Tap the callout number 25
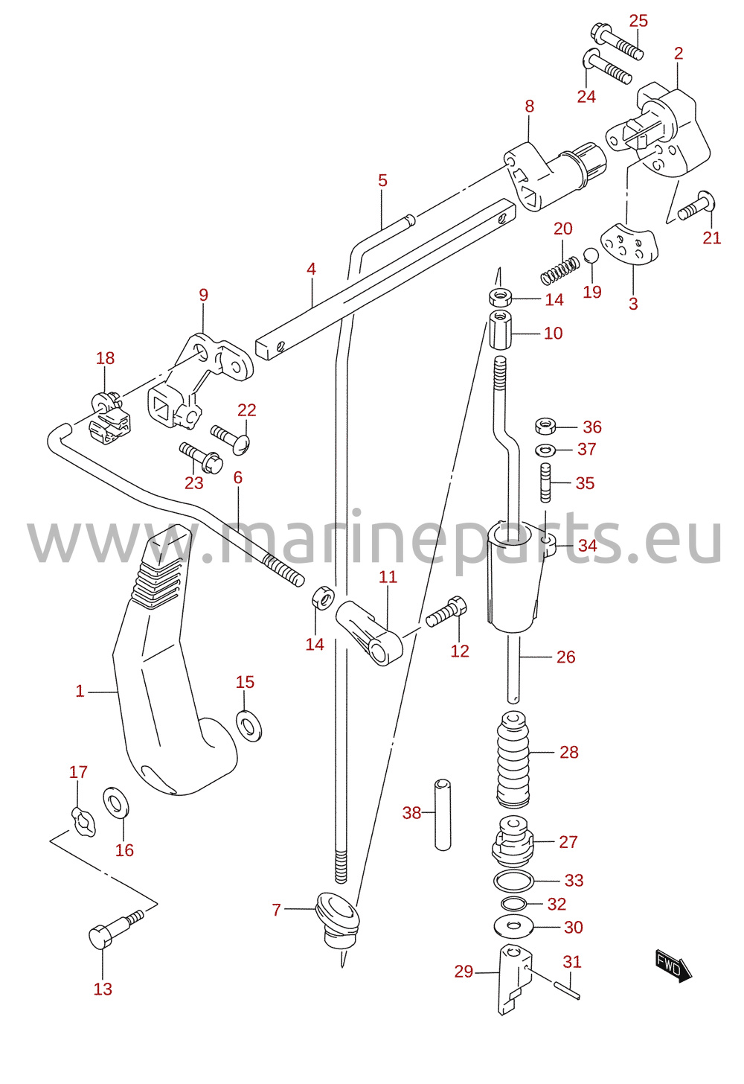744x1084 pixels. point(638,21)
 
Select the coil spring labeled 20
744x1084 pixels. point(560,270)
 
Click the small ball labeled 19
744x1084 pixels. point(591,255)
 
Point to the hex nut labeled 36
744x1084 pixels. point(545,427)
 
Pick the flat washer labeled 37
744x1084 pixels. point(545,450)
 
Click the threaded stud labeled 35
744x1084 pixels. point(545,482)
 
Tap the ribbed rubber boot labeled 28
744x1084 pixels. point(513,759)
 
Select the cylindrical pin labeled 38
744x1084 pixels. point(443,814)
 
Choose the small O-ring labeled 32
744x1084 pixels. point(514,904)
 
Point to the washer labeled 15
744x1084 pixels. point(249,725)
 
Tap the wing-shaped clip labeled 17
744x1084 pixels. point(83,822)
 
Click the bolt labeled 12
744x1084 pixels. point(446,612)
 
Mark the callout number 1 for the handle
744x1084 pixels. point(80,691)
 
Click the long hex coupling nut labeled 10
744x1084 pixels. point(500,330)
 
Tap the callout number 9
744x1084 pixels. point(203,295)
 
